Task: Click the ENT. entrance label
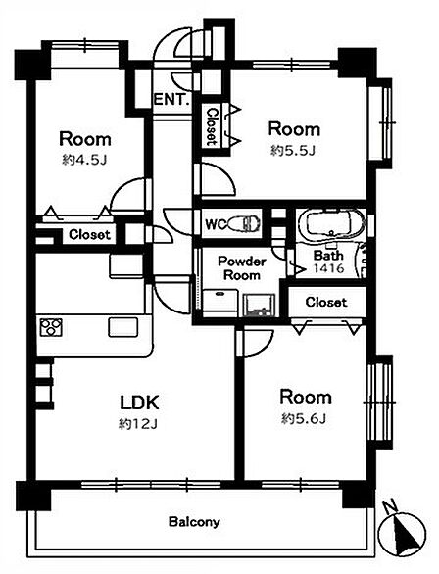[x=172, y=100]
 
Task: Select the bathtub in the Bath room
[x=331, y=223]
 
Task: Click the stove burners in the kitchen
[x=51, y=327]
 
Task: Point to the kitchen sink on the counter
[x=123, y=327]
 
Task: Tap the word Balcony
[x=194, y=522]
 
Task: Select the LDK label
[x=139, y=403]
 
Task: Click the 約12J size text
[x=137, y=424]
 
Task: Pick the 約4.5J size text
[x=84, y=160]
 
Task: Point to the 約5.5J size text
[x=293, y=150]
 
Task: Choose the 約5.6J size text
[x=304, y=418]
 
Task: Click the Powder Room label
[x=242, y=268]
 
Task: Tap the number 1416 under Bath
[x=329, y=268]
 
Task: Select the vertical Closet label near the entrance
[x=212, y=126]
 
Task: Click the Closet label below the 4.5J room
[x=89, y=235]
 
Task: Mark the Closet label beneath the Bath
[x=326, y=302]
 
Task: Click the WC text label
[x=214, y=224]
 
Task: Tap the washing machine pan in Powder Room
[x=260, y=305]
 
